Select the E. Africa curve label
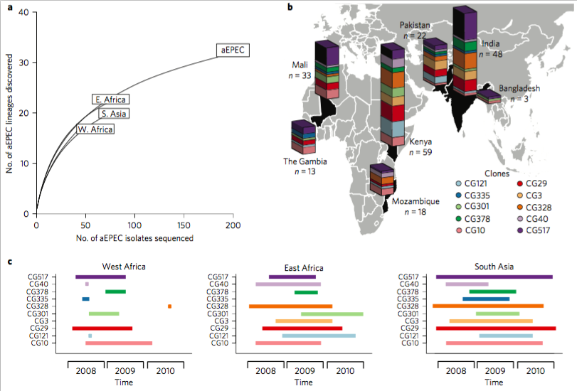click(110, 100)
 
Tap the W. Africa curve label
click(95, 129)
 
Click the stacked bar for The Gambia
click(303, 137)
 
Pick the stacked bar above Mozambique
click(383, 179)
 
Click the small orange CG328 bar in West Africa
click(169, 306)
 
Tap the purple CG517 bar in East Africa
click(292, 277)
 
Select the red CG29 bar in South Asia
click(496, 328)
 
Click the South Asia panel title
click(495, 267)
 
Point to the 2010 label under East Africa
click(345, 370)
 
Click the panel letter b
click(290, 7)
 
